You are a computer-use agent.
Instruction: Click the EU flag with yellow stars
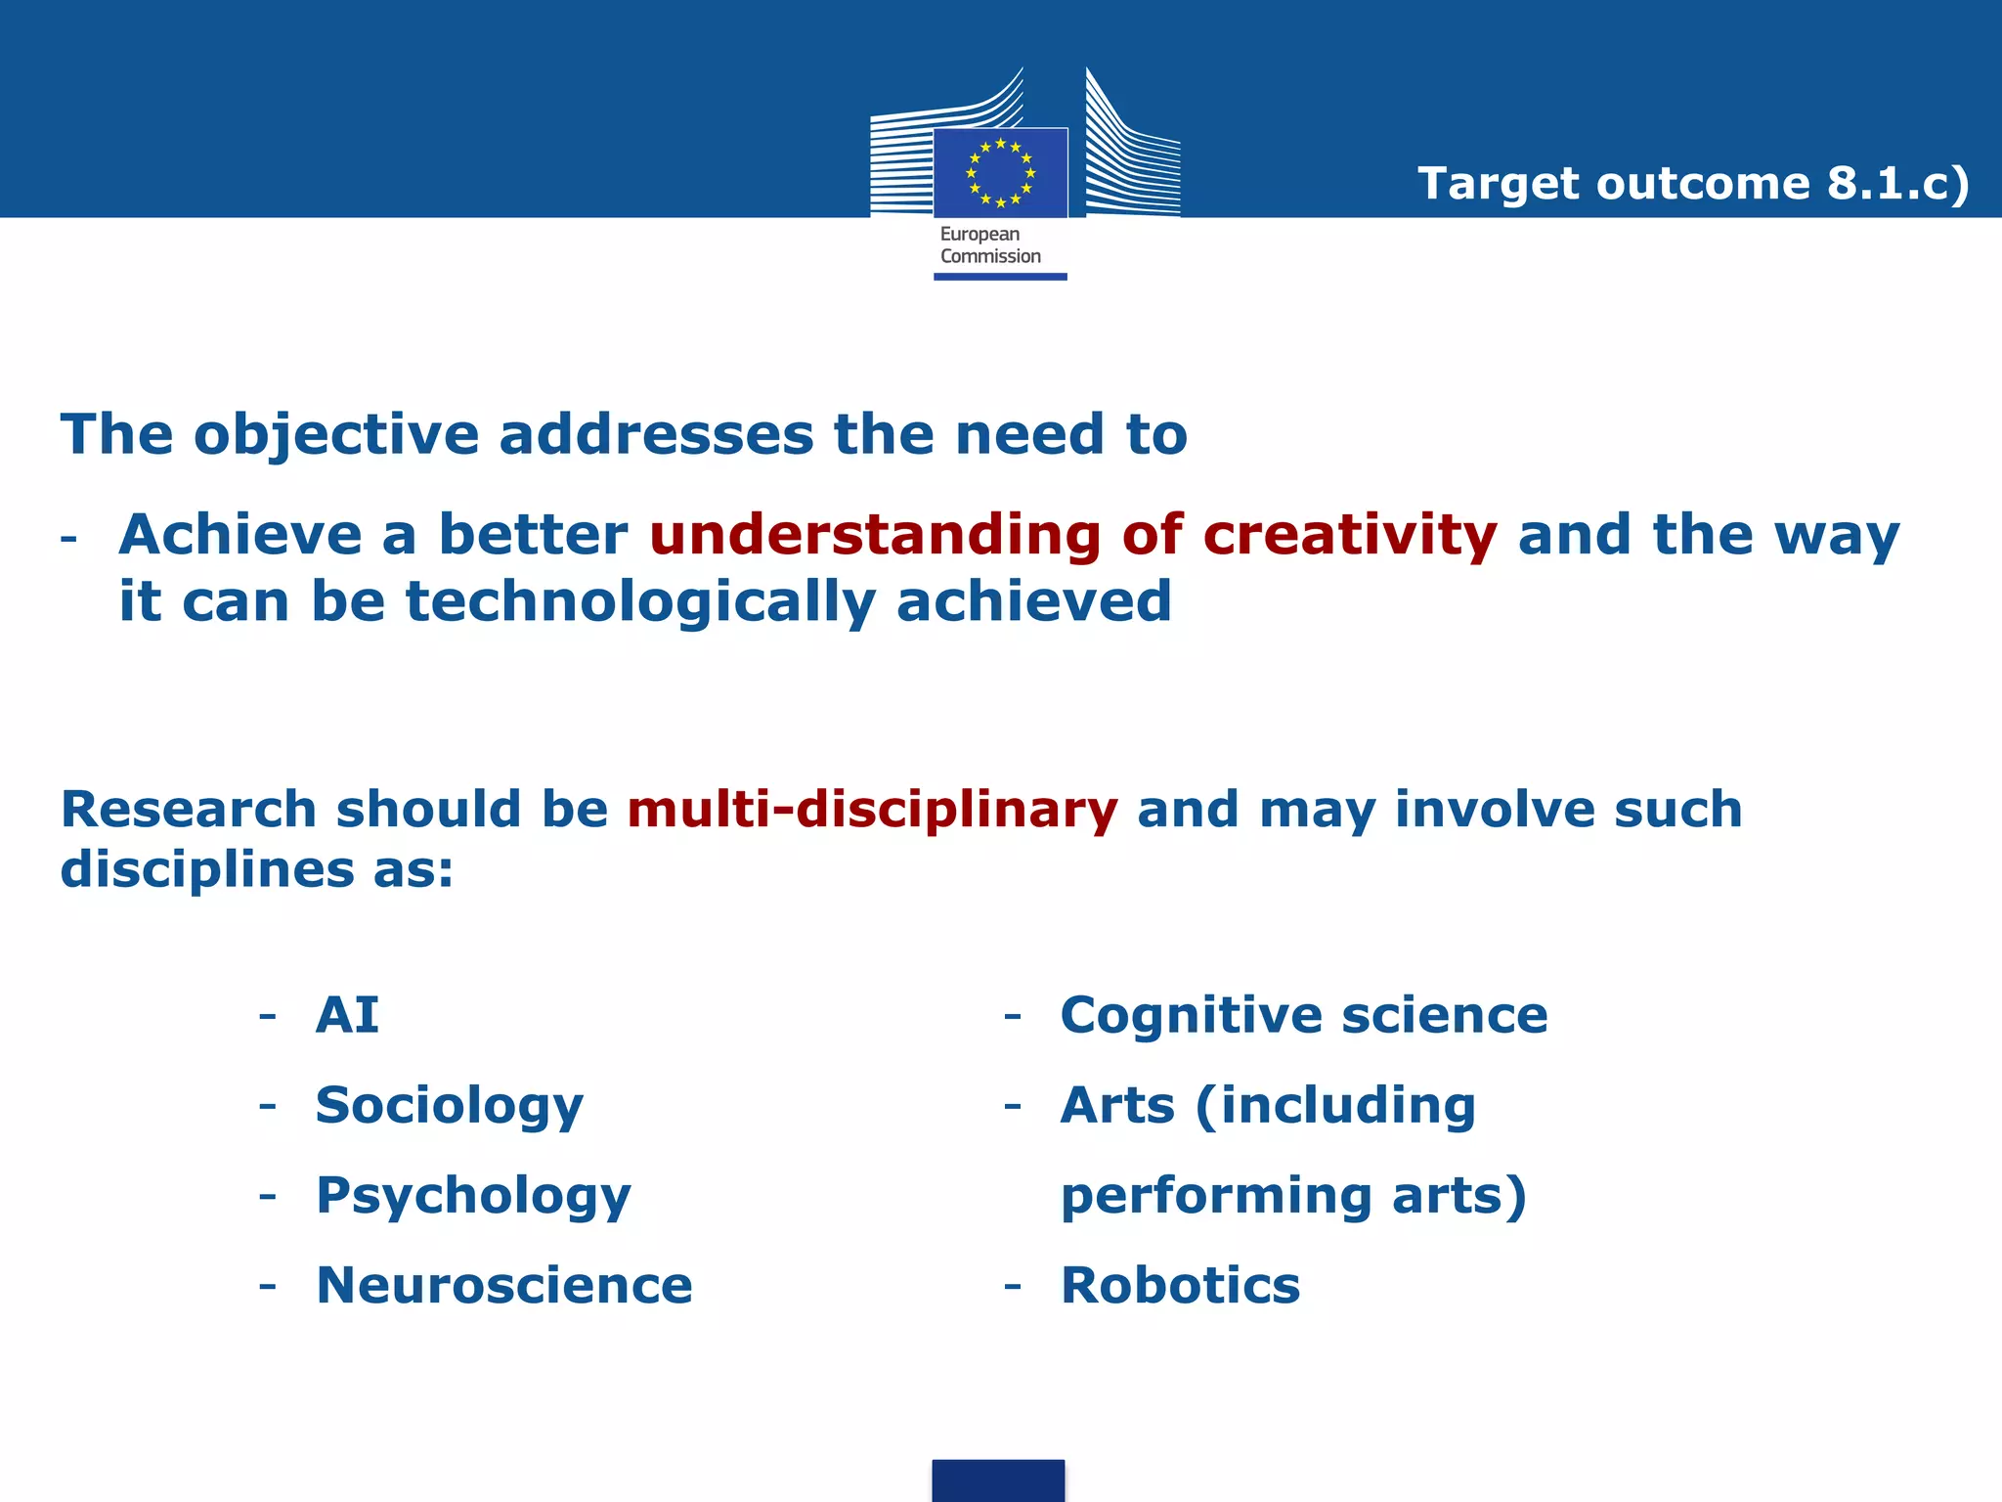1000,173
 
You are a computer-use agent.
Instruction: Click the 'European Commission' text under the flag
989,245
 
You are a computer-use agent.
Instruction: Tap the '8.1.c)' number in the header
1897,183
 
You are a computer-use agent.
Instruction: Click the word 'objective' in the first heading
336,436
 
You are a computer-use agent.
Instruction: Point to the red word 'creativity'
1349,536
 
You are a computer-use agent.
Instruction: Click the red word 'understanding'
875,536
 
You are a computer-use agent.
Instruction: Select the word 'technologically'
640,601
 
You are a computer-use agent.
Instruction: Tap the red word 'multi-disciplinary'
872,810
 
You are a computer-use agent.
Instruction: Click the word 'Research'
189,810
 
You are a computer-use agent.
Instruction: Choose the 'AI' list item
347,1015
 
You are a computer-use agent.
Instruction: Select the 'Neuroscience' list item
504,1286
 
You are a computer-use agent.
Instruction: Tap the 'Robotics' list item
1180,1286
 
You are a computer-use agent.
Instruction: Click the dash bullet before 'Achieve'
68,539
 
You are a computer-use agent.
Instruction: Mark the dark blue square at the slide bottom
998,1480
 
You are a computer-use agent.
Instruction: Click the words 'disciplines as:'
257,869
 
